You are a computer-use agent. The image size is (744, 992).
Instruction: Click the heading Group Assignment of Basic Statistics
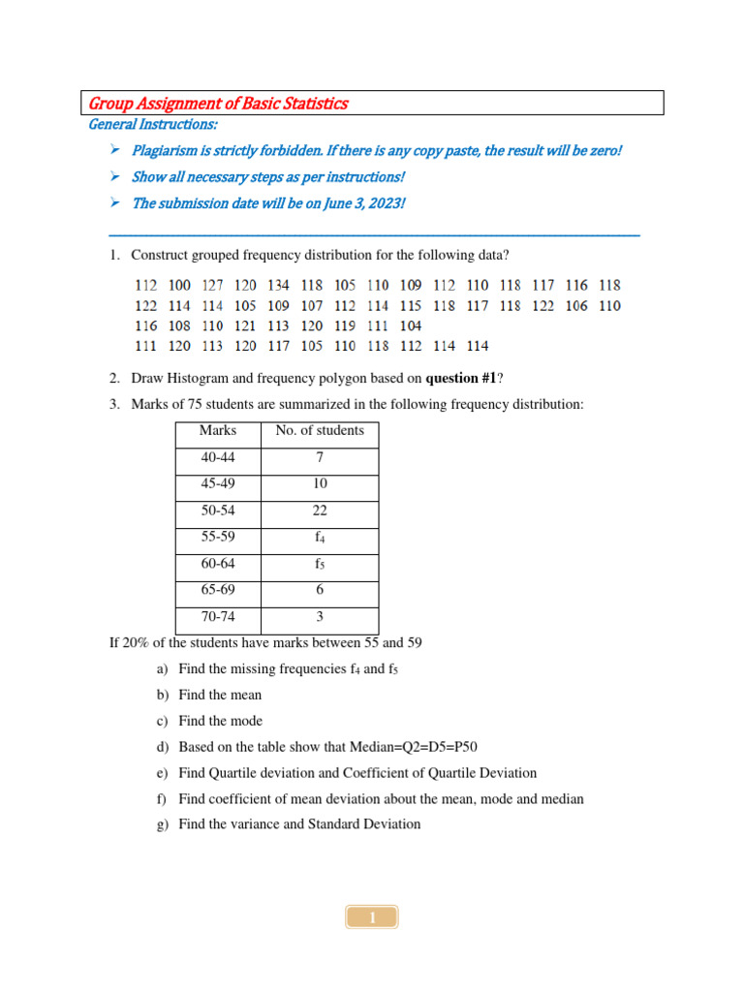(218, 104)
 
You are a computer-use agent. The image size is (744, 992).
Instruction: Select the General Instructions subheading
(153, 125)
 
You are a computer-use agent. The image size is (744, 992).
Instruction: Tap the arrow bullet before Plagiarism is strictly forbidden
(114, 150)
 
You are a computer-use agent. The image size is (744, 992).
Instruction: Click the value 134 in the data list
(278, 286)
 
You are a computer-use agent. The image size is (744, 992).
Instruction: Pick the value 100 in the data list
(179, 286)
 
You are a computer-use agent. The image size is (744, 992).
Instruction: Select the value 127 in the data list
(212, 286)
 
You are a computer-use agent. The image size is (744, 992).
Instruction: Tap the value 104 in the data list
(410, 325)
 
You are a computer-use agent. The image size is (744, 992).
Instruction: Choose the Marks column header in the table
(218, 431)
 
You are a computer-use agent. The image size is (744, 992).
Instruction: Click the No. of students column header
(320, 431)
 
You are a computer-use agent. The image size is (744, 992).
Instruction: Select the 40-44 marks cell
(218, 457)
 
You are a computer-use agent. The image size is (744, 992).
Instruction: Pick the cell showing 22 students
(320, 511)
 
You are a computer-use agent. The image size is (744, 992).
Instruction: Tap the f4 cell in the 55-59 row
(320, 538)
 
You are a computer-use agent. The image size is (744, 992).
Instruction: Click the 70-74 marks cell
(218, 617)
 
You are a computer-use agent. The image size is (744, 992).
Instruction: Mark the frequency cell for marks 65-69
(320, 590)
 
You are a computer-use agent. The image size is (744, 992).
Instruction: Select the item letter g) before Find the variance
(162, 824)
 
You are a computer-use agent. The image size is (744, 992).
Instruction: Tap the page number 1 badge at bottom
(371, 917)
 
